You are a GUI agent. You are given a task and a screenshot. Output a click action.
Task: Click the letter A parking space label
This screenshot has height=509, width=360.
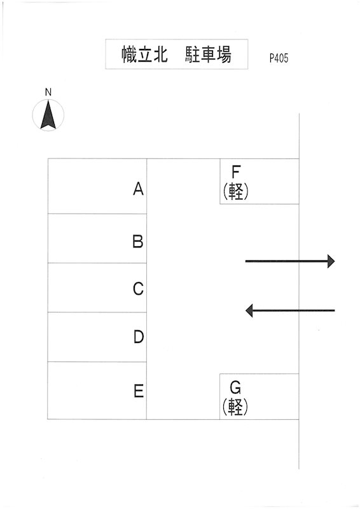[x=138, y=188]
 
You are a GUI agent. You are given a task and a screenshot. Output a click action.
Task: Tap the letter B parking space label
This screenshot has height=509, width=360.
[x=138, y=242]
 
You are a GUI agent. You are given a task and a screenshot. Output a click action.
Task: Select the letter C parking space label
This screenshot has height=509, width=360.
[x=138, y=289]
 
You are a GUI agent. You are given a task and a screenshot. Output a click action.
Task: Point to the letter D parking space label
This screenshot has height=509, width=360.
[x=139, y=337]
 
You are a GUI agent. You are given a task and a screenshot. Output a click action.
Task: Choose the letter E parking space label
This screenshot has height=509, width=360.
[x=139, y=391]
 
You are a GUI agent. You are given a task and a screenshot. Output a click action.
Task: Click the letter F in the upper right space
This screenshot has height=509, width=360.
[x=236, y=172]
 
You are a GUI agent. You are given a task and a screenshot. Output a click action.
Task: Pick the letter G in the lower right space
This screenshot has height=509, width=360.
[x=235, y=387]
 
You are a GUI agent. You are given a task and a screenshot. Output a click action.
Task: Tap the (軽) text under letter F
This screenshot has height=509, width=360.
[x=236, y=191]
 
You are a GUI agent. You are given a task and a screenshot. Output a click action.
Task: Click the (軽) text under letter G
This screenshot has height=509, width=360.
[x=235, y=407]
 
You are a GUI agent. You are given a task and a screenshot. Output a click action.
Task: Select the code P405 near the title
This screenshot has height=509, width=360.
[x=279, y=58]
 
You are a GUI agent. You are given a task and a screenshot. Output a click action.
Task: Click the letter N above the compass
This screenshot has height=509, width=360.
[x=48, y=92]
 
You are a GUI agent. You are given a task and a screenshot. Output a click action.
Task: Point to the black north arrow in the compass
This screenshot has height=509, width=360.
[x=48, y=115]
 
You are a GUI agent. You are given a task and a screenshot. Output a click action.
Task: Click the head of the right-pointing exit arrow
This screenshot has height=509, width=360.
[x=331, y=261]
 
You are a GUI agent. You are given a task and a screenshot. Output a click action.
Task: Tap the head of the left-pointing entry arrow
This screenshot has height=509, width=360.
[x=249, y=310]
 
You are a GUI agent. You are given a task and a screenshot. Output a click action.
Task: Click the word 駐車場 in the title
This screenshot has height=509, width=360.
[x=209, y=54]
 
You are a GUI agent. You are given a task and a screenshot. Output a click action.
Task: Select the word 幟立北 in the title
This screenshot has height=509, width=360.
[x=145, y=54]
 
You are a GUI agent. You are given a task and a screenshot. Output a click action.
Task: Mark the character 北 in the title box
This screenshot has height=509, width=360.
[x=160, y=54]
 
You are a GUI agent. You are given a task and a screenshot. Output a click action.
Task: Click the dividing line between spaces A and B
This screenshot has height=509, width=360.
[x=97, y=214]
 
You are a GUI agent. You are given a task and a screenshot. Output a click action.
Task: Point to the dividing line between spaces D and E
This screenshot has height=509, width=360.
[x=97, y=361]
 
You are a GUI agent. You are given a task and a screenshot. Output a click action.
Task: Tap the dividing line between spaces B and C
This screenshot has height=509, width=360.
[x=97, y=263]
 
